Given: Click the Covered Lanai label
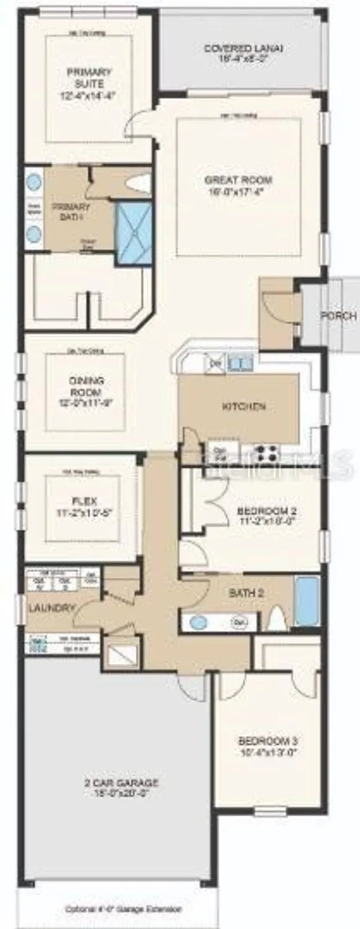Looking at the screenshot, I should pyautogui.click(x=244, y=53).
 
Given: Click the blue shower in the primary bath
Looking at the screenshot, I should pyautogui.click(x=134, y=233).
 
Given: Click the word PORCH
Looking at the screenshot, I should pyautogui.click(x=338, y=315).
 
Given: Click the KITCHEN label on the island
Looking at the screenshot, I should pyautogui.click(x=244, y=407).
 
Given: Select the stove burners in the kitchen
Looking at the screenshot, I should pyautogui.click(x=266, y=451).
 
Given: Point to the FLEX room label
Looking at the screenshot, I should pyautogui.click(x=80, y=507).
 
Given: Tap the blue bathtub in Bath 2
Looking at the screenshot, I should pyautogui.click(x=307, y=600).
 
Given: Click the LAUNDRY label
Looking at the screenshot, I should pyautogui.click(x=52, y=608).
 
